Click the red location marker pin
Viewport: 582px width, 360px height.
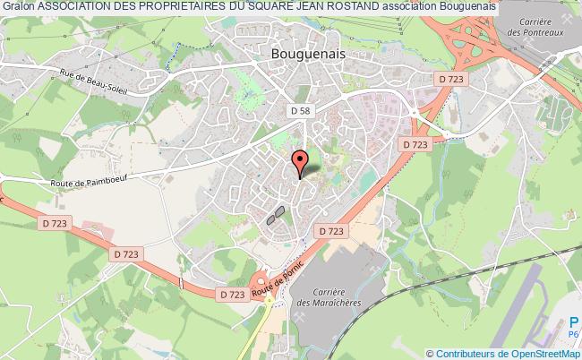tap(301, 161)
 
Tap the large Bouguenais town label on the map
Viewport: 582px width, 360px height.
tap(308, 53)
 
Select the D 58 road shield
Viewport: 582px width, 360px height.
tap(300, 110)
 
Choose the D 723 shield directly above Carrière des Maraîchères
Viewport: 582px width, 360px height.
tap(330, 231)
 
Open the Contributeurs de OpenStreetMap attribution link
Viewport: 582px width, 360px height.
tap(509, 353)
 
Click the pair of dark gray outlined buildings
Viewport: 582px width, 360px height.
tap(276, 215)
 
